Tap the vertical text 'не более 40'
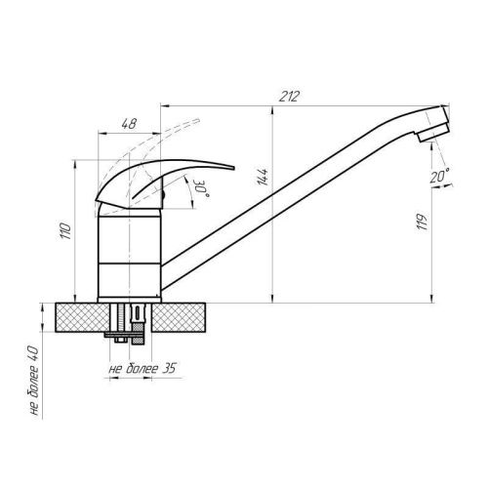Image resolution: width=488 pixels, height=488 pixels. pos(32,382)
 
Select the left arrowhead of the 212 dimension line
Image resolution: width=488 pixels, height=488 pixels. pos(162,102)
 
